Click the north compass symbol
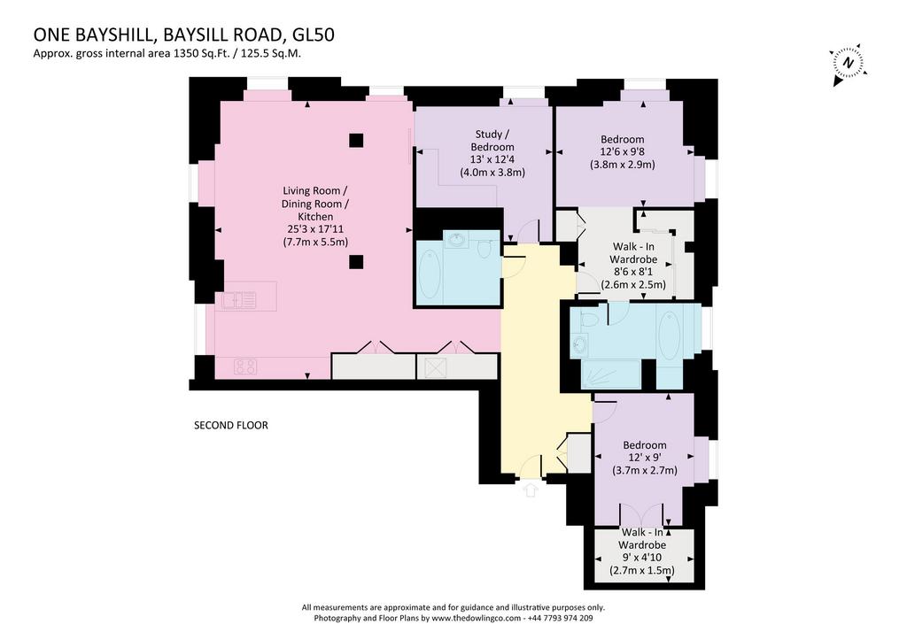coord(849,64)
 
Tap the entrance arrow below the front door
coord(531,490)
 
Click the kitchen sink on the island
coord(238,300)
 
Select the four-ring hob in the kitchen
coord(245,366)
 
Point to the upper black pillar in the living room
coord(356,140)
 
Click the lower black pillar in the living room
coord(356,262)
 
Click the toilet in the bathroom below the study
coord(485,248)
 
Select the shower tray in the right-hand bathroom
coord(610,374)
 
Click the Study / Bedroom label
coord(492,141)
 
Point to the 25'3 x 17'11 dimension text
coord(315,229)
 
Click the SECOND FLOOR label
coord(231,426)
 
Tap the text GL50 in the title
coord(314,35)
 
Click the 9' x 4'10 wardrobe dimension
coord(642,558)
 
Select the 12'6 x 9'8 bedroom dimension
coord(623,151)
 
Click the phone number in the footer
coord(560,618)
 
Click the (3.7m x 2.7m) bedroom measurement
coord(645,470)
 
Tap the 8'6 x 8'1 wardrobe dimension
coord(633,272)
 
